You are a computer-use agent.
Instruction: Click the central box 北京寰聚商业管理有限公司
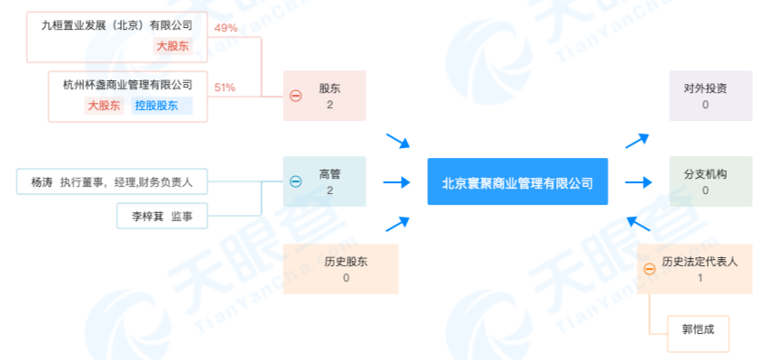tap(517, 182)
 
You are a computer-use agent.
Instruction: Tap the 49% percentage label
tap(226, 28)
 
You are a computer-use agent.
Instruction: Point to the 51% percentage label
tap(226, 88)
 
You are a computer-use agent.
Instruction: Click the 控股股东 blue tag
tap(162, 106)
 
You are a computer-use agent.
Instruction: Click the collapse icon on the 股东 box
tap(295, 96)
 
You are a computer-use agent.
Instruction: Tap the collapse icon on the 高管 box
tap(295, 181)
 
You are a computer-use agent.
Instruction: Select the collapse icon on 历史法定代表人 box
tap(649, 269)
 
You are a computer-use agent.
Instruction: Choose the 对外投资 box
tap(710, 96)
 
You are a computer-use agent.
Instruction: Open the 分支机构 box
tap(710, 181)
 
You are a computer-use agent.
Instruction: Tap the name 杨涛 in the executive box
tap(42, 181)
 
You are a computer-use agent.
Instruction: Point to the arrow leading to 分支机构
tap(638, 182)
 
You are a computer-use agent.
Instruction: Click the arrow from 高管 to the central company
tap(396, 182)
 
